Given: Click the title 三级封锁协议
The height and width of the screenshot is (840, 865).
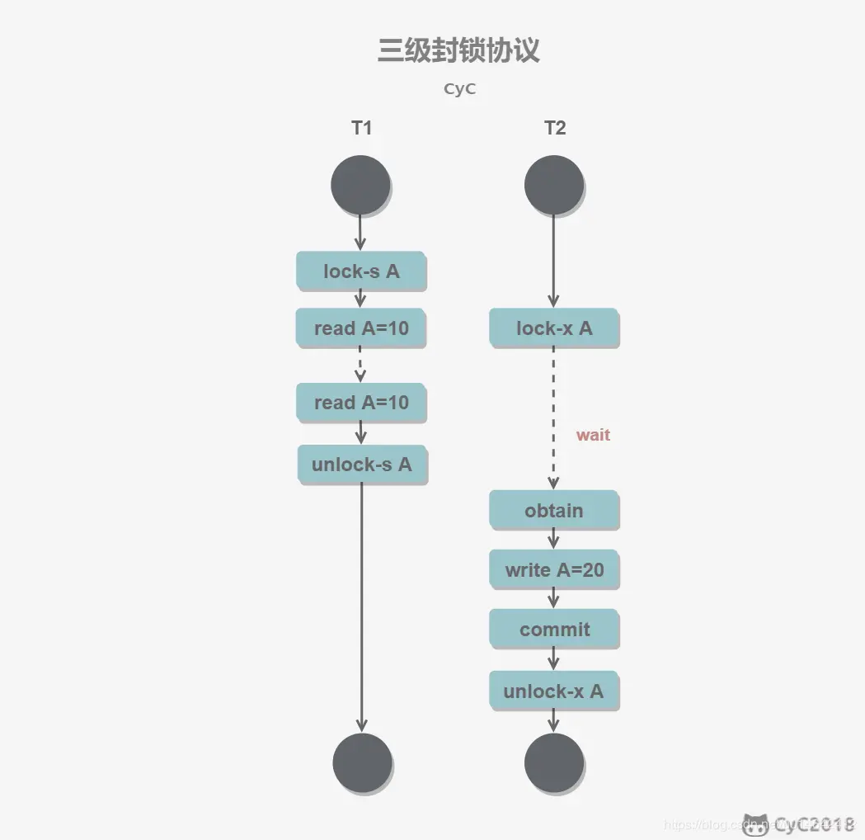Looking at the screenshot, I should (458, 50).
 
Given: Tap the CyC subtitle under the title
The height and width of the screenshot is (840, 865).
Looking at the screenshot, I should (459, 89).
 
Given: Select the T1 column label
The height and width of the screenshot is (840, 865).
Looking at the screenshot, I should (361, 128).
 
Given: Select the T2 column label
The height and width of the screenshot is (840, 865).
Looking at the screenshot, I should (555, 128).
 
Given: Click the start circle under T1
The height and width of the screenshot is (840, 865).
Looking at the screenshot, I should (360, 185).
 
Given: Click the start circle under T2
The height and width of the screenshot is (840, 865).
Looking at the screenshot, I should (554, 185).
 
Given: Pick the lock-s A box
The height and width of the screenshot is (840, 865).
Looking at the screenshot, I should (361, 271).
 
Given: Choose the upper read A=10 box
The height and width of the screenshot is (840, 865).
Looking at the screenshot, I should (361, 328).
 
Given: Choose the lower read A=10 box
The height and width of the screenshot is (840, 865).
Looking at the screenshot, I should (361, 403).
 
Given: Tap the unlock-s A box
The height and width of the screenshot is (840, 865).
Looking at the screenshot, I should (362, 465).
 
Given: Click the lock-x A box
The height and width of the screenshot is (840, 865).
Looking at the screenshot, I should (554, 328).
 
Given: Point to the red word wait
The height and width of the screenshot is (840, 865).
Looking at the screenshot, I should (593, 435).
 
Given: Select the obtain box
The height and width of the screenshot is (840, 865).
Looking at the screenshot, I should (554, 511).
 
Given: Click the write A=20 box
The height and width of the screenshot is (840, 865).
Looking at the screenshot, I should (554, 570).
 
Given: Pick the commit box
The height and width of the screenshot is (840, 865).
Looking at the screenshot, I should (554, 630).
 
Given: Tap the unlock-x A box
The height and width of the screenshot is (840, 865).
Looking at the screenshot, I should (554, 691).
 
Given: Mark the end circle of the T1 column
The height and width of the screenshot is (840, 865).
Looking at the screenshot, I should (362, 762).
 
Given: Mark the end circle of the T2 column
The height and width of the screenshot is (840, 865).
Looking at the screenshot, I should (554, 762).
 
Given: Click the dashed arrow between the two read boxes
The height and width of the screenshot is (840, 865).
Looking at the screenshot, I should (360, 365).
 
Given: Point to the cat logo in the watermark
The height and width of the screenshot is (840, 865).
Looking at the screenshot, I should (755, 823).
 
